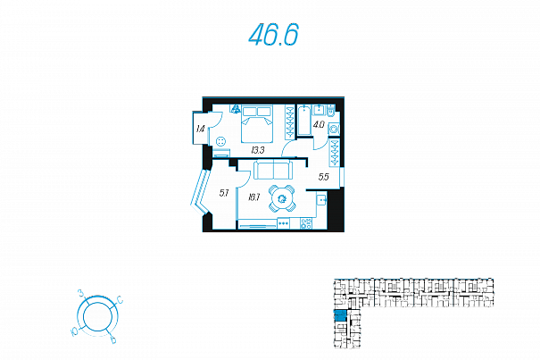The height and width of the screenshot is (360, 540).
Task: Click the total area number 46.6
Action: [x=273, y=36]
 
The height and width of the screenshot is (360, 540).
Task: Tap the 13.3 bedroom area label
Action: [x=259, y=150]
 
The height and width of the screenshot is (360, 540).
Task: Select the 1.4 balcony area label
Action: [x=200, y=130]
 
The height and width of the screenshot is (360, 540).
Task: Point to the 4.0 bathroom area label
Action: [x=318, y=125]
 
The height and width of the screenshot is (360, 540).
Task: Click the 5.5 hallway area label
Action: [x=323, y=177]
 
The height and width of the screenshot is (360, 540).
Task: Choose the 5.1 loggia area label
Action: [x=224, y=192]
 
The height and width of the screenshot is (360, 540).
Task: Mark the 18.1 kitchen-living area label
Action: [x=253, y=197]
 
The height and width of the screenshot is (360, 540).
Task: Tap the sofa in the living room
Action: [x=272, y=170]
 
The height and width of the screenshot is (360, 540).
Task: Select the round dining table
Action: [x=281, y=199]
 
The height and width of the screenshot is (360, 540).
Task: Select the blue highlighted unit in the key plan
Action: [x=340, y=315]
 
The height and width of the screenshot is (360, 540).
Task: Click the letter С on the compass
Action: [x=120, y=301]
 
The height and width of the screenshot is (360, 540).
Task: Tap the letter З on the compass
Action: [x=81, y=293]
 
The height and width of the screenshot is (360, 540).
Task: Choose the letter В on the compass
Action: [x=112, y=340]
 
